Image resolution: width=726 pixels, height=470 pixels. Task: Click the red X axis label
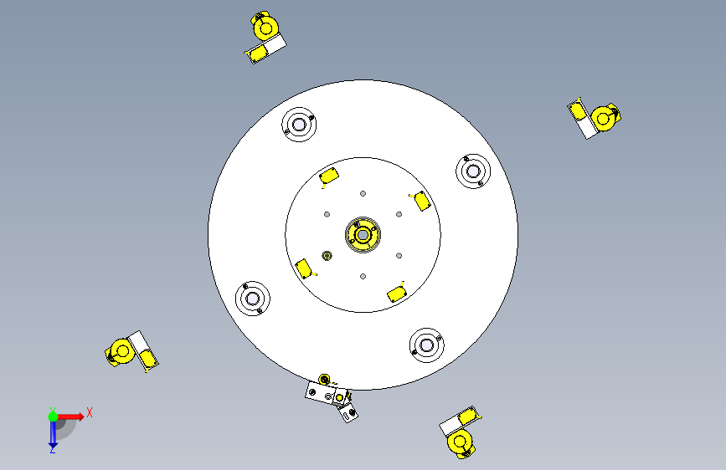pos(90,412)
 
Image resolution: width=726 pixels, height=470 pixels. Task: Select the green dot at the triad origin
pos(53,416)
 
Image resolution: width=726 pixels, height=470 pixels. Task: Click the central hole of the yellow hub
pos(363,235)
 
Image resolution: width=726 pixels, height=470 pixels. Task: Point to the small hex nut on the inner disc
pos(327,255)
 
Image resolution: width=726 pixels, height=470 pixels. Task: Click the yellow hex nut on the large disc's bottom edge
pos(324,380)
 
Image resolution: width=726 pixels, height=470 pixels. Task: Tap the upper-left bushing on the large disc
pos(299,125)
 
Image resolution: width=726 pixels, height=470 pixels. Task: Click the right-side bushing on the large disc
pos(473,171)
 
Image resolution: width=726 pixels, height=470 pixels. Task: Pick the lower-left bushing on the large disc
pos(252,299)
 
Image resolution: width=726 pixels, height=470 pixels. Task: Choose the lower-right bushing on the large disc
pos(426,345)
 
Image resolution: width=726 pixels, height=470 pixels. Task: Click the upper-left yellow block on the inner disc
pos(329,176)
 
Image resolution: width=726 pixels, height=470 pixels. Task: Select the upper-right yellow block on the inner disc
pos(422,201)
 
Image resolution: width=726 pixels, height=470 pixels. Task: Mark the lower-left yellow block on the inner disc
pos(304,268)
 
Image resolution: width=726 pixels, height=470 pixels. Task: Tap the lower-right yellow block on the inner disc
pos(397,294)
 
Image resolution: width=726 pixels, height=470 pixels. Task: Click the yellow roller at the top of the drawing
pos(265,28)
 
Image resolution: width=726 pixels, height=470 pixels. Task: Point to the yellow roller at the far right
pos(603,119)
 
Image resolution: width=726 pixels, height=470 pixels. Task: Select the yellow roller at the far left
pos(121,352)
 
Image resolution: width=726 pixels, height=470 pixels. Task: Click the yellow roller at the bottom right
pos(461,442)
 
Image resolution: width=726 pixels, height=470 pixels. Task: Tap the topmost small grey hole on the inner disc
pos(363,194)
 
